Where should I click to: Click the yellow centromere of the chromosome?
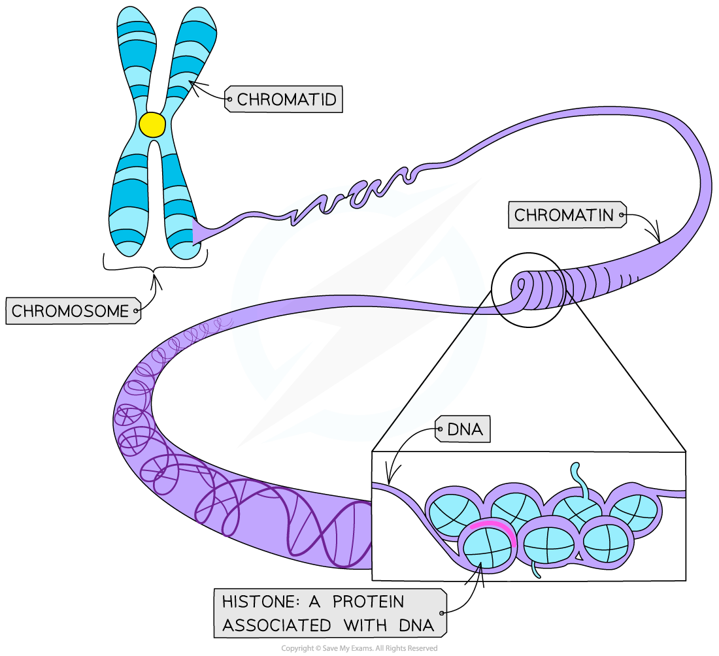152,125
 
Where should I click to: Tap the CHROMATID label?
286,100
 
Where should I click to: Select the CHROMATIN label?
564,215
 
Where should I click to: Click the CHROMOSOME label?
70,311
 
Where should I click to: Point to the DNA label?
465,429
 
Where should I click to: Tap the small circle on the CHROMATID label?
229,100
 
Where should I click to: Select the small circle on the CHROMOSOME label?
136,312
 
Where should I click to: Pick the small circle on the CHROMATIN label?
622,215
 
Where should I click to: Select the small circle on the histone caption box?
443,613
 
